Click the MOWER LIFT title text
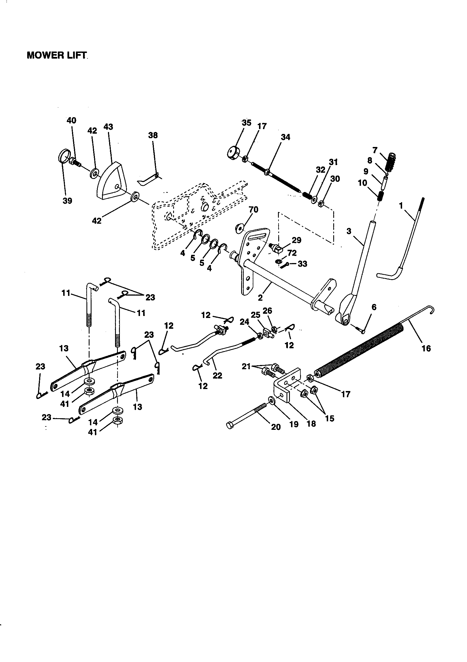click(57, 55)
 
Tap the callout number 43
click(109, 127)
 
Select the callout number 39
click(67, 201)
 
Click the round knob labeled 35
click(235, 152)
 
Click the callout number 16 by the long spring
click(426, 349)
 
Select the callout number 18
click(311, 424)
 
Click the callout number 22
click(217, 375)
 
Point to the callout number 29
click(296, 240)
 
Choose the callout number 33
click(302, 264)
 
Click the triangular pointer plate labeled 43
click(111, 182)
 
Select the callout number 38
click(153, 135)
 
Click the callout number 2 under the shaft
click(260, 298)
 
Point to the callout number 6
click(374, 307)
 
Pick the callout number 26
click(268, 311)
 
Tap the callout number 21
click(246, 367)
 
